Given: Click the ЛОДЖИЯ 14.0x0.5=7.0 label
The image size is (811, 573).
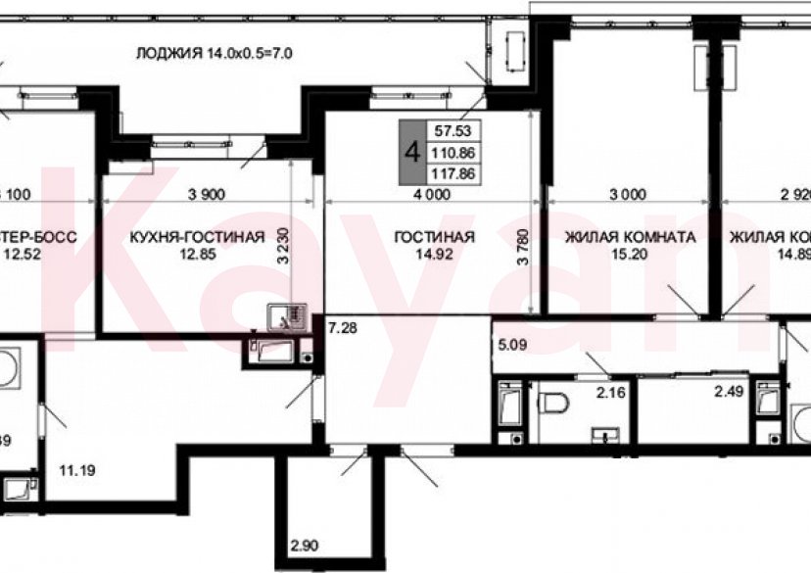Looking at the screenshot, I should (x=215, y=52).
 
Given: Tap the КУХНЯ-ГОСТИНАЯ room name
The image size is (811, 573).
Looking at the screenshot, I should (x=197, y=237).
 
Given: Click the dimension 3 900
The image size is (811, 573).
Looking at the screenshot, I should (x=206, y=193).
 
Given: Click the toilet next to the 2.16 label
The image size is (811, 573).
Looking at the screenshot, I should (x=556, y=403).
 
